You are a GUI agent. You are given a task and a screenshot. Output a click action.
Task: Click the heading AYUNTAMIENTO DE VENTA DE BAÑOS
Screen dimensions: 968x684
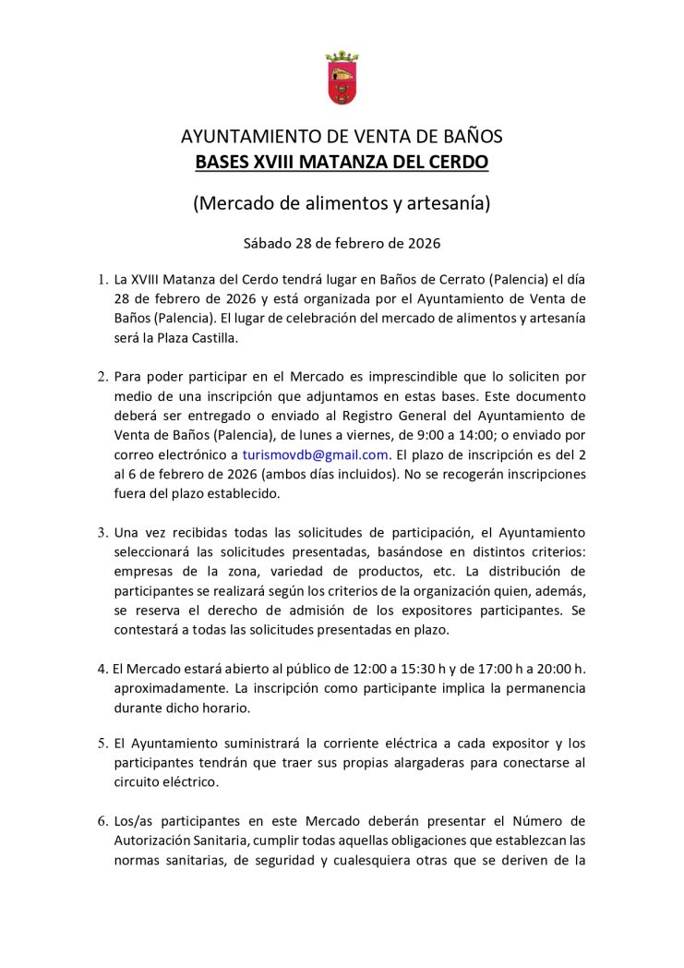tap(342, 138)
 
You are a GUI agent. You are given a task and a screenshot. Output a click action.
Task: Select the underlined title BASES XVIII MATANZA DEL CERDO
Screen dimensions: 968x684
tap(342, 163)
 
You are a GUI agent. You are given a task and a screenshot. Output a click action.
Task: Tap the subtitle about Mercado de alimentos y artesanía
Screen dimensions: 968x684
tap(342, 203)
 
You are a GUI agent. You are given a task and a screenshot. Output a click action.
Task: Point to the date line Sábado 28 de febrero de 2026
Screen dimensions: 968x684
tap(342, 244)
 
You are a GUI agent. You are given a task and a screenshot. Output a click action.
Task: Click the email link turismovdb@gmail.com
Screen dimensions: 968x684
tap(315, 454)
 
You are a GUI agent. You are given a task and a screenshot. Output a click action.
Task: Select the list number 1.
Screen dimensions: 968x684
tap(102, 279)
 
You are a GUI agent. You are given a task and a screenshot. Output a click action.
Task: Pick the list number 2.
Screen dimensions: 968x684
tap(102, 377)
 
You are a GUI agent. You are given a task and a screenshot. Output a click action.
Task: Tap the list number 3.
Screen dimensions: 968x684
tap(102, 533)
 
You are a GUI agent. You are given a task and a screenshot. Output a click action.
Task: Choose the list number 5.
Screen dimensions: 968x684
tap(102, 744)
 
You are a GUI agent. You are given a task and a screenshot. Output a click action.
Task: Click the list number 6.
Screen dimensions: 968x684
tap(102, 821)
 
